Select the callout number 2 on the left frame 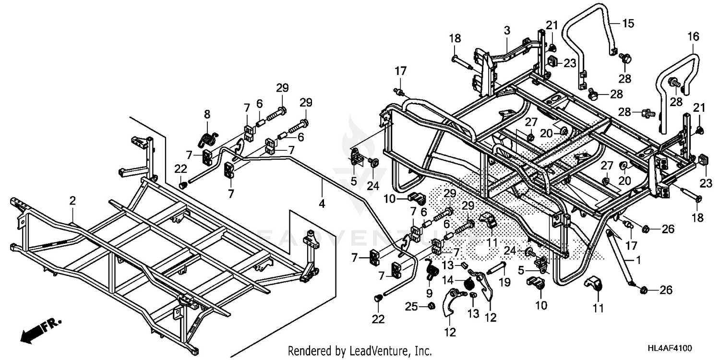pos(72,201)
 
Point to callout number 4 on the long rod pos(322,204)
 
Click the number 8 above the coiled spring pos(207,114)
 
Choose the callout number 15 pos(628,23)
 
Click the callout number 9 pos(429,292)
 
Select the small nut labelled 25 pos(431,306)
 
